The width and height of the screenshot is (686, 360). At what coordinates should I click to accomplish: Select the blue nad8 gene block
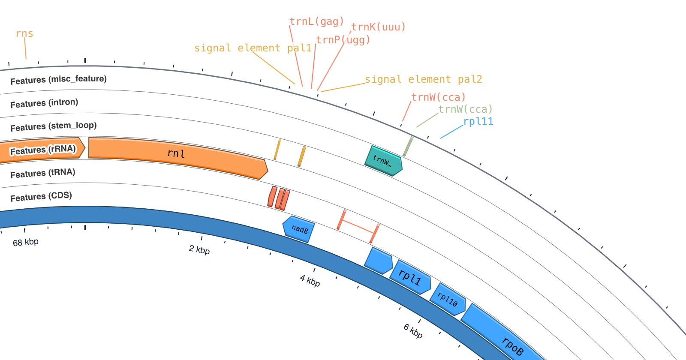click(298, 229)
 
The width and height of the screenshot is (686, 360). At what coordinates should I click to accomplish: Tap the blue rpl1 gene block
click(410, 277)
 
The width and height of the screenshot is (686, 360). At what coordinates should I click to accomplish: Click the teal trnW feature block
click(383, 161)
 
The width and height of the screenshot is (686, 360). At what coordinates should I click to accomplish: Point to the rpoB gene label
click(513, 347)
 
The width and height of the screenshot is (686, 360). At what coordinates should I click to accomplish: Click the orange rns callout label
click(24, 33)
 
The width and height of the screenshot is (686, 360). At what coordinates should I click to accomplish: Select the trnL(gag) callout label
click(317, 21)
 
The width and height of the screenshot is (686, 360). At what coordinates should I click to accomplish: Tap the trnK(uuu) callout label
click(378, 27)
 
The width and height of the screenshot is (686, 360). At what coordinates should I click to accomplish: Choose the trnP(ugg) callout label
click(343, 40)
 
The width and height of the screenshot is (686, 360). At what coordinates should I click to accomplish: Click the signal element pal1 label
click(253, 48)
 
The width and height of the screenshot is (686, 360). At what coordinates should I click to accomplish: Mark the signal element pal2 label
click(424, 79)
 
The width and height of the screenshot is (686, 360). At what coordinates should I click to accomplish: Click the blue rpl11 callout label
click(478, 121)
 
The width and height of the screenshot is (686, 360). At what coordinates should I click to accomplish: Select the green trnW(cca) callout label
click(466, 109)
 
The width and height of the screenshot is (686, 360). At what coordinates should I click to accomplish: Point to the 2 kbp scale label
click(199, 250)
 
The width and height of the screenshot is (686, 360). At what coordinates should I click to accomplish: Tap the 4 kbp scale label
click(310, 281)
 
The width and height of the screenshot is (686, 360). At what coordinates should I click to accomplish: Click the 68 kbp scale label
click(26, 242)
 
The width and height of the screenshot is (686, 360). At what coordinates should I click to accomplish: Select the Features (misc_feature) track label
click(58, 80)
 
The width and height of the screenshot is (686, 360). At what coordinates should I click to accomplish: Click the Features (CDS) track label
click(41, 197)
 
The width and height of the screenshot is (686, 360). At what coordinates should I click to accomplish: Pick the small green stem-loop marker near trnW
click(408, 147)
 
